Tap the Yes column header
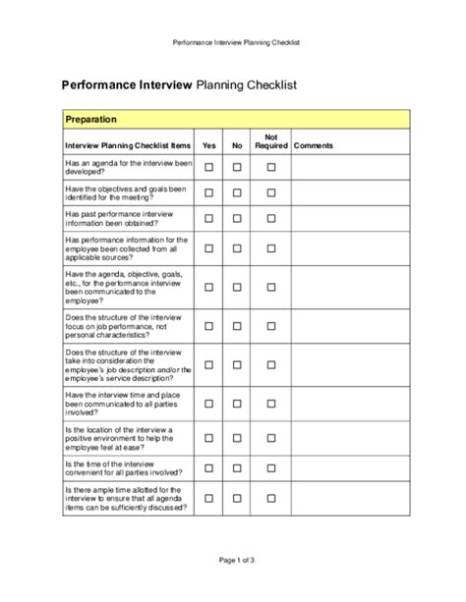(x=208, y=145)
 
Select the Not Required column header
(x=270, y=141)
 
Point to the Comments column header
(x=314, y=145)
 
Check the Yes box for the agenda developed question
(x=208, y=168)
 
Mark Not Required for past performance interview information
(x=271, y=216)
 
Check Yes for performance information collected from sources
(x=208, y=245)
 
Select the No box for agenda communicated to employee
(x=237, y=287)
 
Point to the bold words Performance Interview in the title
(x=129, y=85)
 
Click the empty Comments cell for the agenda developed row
(x=348, y=168)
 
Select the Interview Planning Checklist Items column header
(x=127, y=145)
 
